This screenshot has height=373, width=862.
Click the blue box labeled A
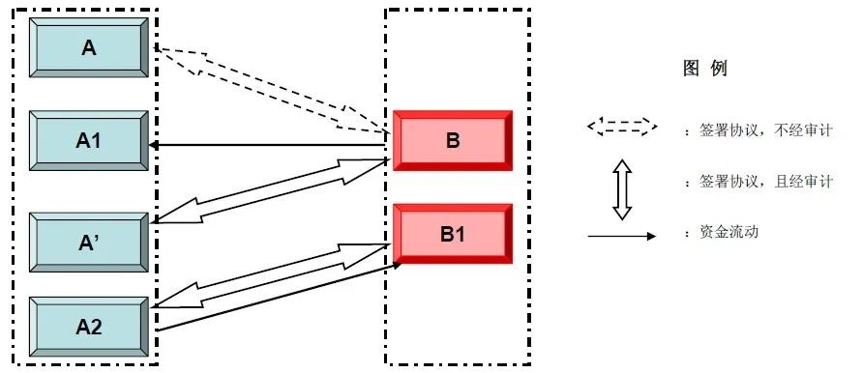pyautogui.click(x=88, y=47)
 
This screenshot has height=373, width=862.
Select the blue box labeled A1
pyautogui.click(x=88, y=141)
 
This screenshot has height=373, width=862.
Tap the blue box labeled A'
pyautogui.click(x=88, y=243)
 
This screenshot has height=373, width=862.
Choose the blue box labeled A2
pyautogui.click(x=88, y=327)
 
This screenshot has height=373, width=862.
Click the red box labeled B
pyautogui.click(x=453, y=141)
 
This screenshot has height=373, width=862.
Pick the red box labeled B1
pyautogui.click(x=453, y=234)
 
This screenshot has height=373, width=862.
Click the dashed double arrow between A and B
pyautogui.click(x=272, y=90)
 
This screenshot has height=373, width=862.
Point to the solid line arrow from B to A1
pyautogui.click(x=269, y=146)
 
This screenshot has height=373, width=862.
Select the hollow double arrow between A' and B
pyautogui.click(x=272, y=191)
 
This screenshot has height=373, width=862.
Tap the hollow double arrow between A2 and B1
pyautogui.click(x=272, y=275)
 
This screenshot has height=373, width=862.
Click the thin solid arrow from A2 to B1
pyautogui.click(x=279, y=298)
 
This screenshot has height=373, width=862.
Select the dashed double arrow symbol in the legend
pyautogui.click(x=622, y=127)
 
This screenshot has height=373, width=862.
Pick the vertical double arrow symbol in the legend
pyautogui.click(x=622, y=189)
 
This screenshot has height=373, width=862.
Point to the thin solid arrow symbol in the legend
pyautogui.click(x=622, y=236)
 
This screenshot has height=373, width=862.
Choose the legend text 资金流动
pyautogui.click(x=728, y=232)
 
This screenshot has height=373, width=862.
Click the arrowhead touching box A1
pyautogui.click(x=154, y=146)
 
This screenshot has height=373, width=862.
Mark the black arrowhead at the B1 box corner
pyautogui.click(x=397, y=264)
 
